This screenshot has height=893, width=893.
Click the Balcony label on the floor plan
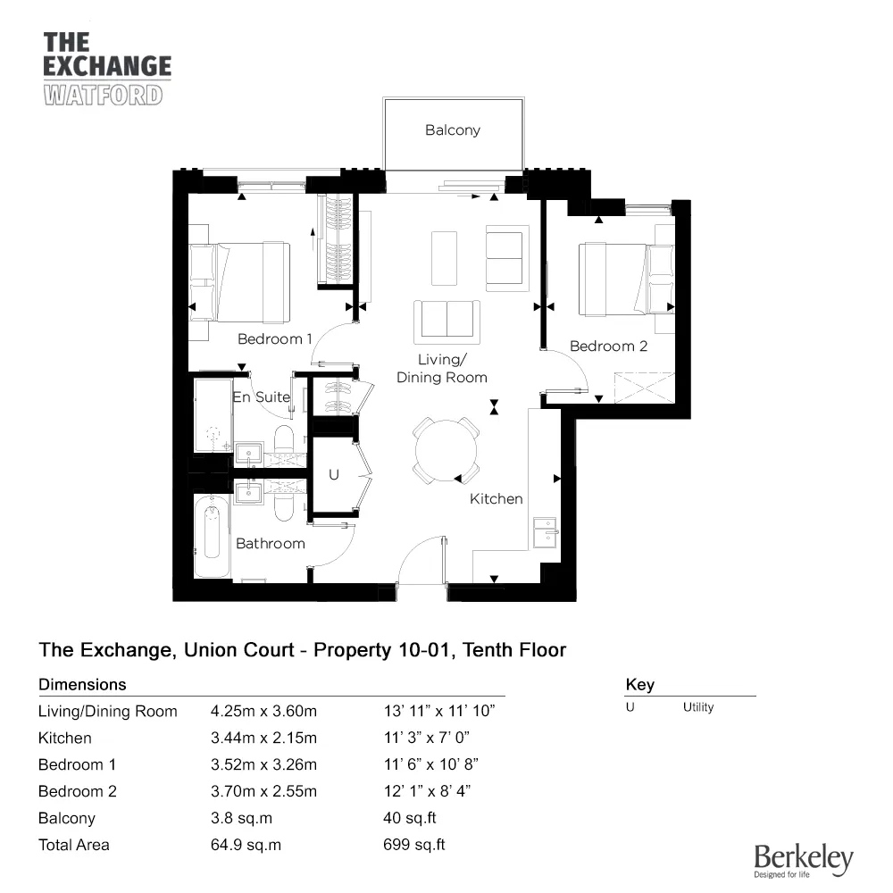coord(452,130)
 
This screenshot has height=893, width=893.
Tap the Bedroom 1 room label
coord(275,339)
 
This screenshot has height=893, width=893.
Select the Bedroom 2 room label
coord(608,346)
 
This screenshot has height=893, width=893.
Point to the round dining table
coord(446,451)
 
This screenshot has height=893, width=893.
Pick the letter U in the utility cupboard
coord(334,476)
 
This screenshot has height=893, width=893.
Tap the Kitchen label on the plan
coord(496,499)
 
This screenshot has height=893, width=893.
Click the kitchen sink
coord(544,531)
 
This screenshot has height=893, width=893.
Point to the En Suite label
coord(261,396)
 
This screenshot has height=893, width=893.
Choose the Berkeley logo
coord(803,860)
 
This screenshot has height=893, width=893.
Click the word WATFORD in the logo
coord(103,95)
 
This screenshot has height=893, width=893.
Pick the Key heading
coord(639,685)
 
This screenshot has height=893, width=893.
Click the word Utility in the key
coord(698,707)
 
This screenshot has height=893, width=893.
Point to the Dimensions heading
coord(82,685)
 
